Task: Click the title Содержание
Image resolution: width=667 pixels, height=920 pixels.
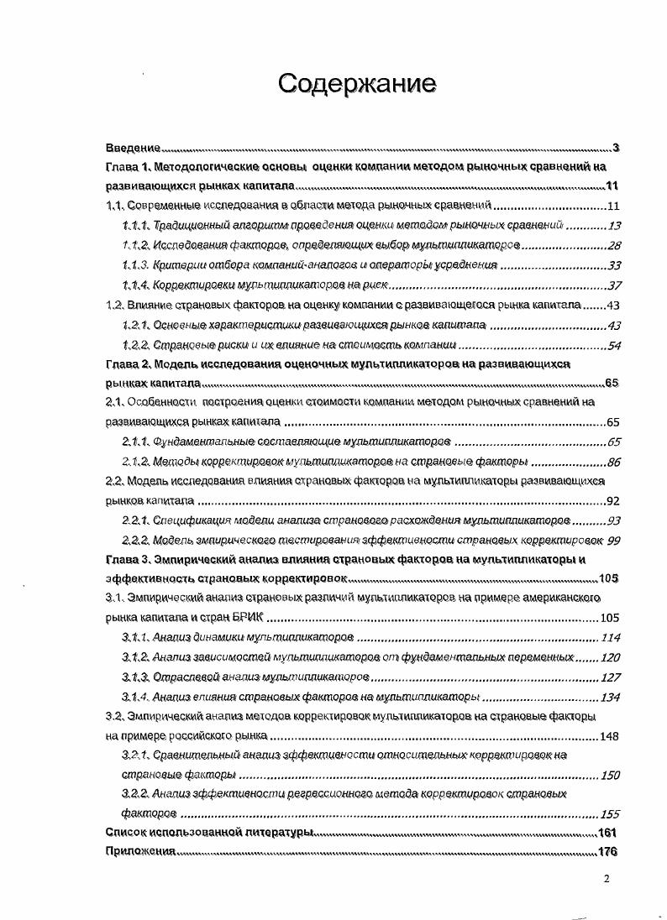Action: coord(357,83)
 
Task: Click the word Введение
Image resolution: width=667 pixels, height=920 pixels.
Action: coord(134,148)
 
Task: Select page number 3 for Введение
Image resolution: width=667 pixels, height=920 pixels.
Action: coord(615,148)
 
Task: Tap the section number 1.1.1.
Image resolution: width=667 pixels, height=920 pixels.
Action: coord(135,225)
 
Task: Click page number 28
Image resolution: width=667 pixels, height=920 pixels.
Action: coord(613,245)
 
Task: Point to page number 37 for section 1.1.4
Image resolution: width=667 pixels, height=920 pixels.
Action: coord(613,285)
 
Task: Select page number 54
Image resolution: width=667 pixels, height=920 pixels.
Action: coord(613,344)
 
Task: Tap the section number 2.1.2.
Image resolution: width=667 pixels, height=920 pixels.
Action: coord(135,462)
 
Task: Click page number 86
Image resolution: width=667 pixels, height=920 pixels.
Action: coord(613,462)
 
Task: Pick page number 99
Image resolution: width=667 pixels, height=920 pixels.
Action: coord(613,540)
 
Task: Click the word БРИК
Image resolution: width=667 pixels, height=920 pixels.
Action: coord(244,618)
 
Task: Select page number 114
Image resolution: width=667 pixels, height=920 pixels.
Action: coord(610,637)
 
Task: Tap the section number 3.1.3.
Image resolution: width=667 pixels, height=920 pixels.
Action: coord(135,677)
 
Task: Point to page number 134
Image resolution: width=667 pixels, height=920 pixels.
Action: coord(610,697)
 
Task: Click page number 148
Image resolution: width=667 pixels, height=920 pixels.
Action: coord(610,736)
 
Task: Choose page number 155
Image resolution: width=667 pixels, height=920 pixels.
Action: coord(610,814)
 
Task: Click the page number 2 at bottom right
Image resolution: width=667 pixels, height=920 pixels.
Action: coord(607,879)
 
